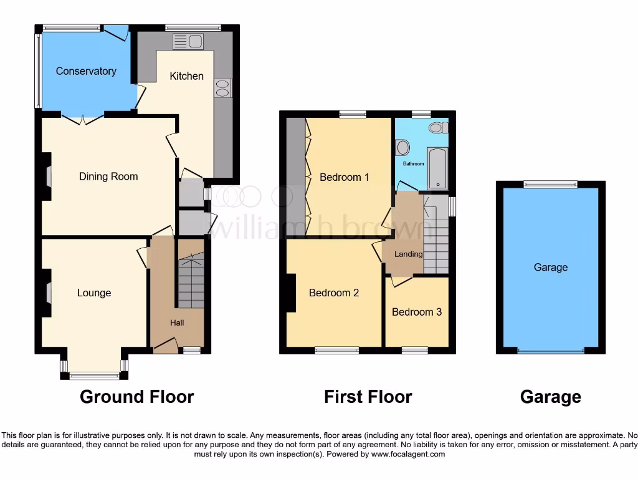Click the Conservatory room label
coord(86,71)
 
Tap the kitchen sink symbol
coord(189,42)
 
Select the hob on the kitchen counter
coord(222,89)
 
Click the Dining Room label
coord(108,177)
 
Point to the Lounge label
coord(94,293)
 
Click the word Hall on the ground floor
coord(178,322)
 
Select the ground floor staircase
coord(191,281)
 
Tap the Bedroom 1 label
coord(344,177)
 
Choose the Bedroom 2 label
coord(334,293)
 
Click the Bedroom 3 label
coord(417,312)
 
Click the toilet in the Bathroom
coord(438,127)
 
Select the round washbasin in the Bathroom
coord(402,148)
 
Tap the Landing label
coord(409,254)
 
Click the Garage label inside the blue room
coord(551,267)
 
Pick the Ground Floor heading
coord(137,397)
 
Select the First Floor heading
coord(368,397)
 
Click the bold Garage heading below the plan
coord(551,397)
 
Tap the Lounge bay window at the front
coord(94,374)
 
